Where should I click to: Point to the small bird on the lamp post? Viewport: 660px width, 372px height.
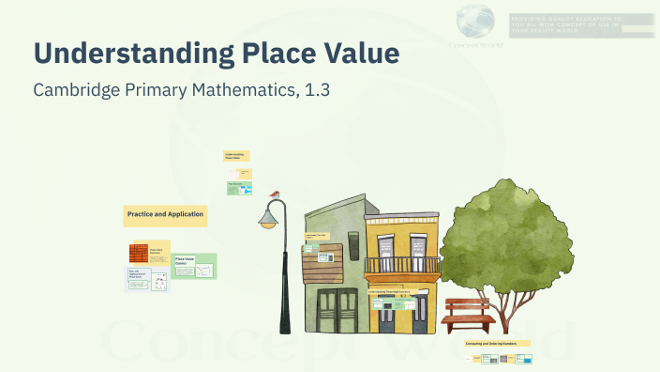275,194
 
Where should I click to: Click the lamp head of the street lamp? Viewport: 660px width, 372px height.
270,220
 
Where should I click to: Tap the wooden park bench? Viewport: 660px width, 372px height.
469,313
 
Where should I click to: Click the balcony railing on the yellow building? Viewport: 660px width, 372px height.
401,266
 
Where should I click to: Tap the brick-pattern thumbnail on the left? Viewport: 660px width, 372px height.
139,254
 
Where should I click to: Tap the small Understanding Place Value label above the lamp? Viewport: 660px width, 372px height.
236,156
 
